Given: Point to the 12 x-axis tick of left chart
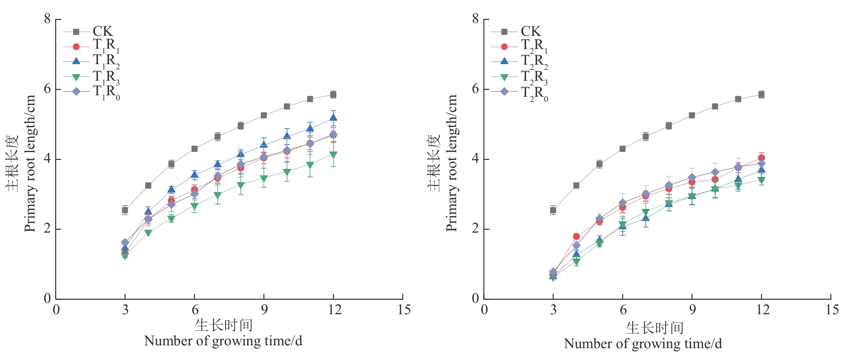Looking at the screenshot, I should (x=334, y=310).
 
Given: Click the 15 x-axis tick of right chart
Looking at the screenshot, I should (x=832, y=310).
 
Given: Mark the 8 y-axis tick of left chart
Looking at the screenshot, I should (x=47, y=19).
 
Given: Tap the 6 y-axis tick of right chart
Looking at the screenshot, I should (x=475, y=89).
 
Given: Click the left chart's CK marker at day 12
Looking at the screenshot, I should (x=333, y=94).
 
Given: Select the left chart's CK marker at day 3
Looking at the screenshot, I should (x=125, y=210).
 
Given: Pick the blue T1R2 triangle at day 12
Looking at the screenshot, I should (x=333, y=118).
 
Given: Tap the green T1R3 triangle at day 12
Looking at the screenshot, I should (x=333, y=155).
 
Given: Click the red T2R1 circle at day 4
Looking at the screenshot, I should (x=576, y=236).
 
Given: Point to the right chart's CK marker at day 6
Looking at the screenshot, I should (x=622, y=149).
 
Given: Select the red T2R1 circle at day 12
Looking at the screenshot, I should (x=761, y=158).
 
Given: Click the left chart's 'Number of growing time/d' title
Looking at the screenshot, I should (x=223, y=341).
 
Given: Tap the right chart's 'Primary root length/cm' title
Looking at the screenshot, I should (x=451, y=163).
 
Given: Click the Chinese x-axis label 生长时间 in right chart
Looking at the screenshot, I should (x=654, y=327).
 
